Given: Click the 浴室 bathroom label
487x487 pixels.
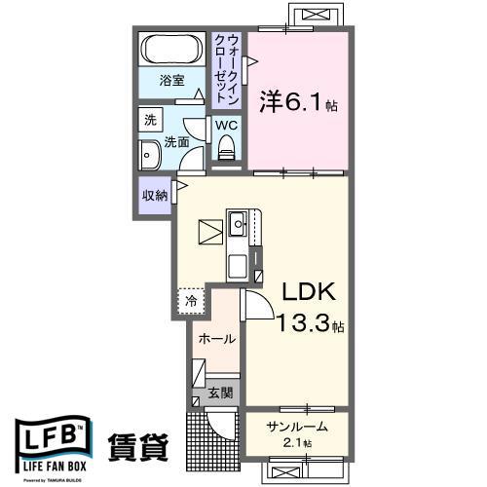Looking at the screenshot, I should pos(172,81).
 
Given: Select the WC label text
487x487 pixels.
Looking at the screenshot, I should pos(225,125).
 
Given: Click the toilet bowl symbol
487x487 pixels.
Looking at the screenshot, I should pos(227,148).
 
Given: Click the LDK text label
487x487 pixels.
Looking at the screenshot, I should pos(311,291).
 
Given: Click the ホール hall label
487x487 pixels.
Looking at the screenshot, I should pos(215,339).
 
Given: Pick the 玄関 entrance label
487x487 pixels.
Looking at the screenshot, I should pos(220,393).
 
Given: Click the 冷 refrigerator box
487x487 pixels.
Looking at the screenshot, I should pos(192,302).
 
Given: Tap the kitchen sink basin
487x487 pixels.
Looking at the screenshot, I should pos(240,225).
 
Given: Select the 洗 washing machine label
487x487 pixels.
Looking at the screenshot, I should pos(150,121).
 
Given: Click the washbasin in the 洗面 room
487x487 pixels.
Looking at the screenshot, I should pos(151,157).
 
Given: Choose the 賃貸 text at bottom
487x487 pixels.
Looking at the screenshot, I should pos(138,446).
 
